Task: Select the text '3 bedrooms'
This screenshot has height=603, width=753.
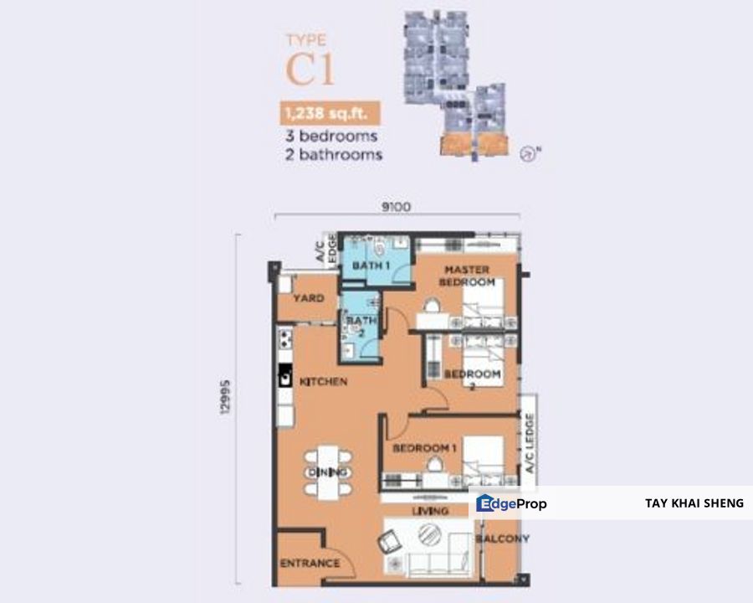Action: pyautogui.click(x=331, y=136)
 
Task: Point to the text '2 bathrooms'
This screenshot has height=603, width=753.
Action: pyautogui.click(x=334, y=155)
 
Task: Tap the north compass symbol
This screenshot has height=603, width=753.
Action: pyautogui.click(x=527, y=153)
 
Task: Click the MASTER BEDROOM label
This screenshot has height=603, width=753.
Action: pyautogui.click(x=467, y=276)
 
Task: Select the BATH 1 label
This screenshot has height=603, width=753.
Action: pyautogui.click(x=372, y=265)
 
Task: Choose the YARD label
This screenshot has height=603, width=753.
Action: pyautogui.click(x=307, y=297)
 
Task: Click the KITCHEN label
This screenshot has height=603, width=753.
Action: pyautogui.click(x=323, y=381)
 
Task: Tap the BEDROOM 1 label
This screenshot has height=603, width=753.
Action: pyautogui.click(x=424, y=449)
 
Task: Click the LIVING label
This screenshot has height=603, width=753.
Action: pyautogui.click(x=428, y=511)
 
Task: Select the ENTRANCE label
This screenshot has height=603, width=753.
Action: pyautogui.click(x=310, y=563)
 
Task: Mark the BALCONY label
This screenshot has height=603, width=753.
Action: pyautogui.click(x=502, y=539)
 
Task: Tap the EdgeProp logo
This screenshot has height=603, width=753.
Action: pyautogui.click(x=511, y=503)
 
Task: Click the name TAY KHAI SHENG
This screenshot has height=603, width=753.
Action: pyautogui.click(x=694, y=503)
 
